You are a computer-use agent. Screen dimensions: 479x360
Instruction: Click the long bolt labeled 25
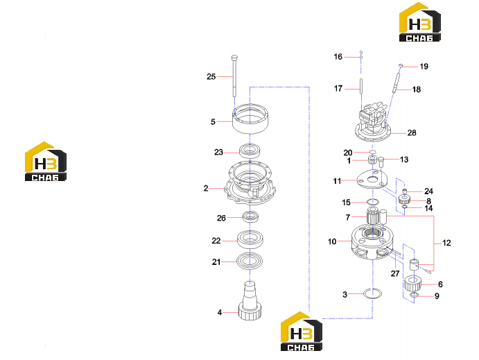point(234,76)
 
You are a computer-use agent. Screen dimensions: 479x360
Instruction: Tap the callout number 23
point(219,152)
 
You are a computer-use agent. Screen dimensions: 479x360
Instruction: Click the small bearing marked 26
point(251,216)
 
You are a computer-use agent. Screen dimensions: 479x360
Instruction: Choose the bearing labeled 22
point(250,239)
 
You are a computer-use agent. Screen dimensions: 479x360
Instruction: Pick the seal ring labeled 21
point(250,262)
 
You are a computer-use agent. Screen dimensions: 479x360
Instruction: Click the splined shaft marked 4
point(250,301)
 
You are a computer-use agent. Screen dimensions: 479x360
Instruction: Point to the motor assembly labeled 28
point(373,122)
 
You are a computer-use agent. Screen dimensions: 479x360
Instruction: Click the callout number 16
point(338,57)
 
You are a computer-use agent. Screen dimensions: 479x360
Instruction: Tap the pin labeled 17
point(361,87)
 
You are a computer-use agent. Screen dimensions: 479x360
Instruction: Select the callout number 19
point(424,67)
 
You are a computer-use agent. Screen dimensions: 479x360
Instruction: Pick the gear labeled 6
point(412,284)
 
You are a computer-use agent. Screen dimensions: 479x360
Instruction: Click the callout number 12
point(446,243)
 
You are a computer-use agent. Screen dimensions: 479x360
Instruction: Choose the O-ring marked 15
point(373,202)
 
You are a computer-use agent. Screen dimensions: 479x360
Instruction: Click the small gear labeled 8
point(404,200)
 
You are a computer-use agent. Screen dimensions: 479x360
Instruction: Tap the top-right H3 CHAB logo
point(420,22)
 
